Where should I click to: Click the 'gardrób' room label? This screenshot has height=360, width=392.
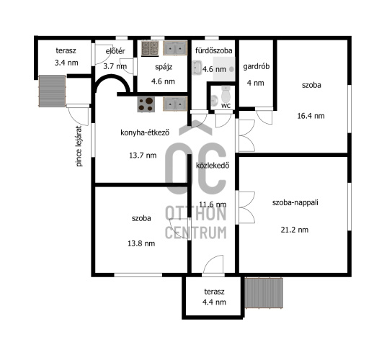click(257, 67)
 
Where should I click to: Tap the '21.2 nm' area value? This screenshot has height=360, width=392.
click(295, 230)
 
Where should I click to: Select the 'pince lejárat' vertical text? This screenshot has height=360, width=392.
click(79, 146)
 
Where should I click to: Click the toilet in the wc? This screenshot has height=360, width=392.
click(226, 94)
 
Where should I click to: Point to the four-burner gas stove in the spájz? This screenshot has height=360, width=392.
click(150, 48)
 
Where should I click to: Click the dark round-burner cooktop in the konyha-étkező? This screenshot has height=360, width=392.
click(146, 104)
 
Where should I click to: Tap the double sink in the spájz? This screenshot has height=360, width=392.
click(175, 48)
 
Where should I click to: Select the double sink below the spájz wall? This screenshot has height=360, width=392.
click(175, 104)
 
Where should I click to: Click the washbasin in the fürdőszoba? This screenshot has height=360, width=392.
click(197, 68)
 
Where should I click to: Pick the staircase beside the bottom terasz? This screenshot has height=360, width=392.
click(264, 293)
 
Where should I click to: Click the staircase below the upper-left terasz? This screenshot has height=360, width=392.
click(53, 91)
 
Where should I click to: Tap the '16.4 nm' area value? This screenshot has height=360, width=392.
click(311, 116)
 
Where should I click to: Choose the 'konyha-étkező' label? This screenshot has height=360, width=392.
click(145, 132)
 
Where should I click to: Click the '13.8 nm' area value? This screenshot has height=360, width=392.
click(141, 243)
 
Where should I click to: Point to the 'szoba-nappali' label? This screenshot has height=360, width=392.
click(295, 202)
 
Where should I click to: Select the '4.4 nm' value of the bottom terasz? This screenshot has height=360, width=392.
click(214, 302)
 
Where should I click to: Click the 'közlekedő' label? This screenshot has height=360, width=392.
click(213, 166)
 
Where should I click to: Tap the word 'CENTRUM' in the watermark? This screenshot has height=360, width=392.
click(196, 233)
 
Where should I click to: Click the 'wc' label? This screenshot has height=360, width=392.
click(226, 106)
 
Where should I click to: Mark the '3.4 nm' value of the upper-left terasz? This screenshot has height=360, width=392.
click(66, 63)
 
